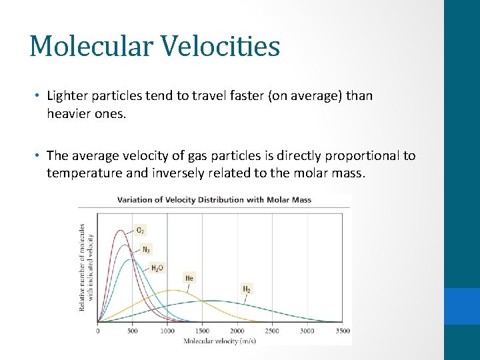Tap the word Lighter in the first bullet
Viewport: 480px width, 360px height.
point(69,95)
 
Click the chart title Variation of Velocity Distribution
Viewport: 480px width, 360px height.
point(214,199)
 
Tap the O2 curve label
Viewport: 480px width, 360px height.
point(140,230)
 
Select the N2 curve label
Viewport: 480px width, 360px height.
point(146,249)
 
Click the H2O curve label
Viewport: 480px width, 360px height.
point(157,268)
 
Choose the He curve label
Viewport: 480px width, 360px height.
point(189,278)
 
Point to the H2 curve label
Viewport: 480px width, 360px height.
point(246,289)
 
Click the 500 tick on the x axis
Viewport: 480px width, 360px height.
point(133,331)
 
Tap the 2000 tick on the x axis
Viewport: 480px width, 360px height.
point(237,331)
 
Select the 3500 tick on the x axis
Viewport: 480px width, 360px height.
point(341,331)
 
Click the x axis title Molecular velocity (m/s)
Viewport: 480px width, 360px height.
point(219,341)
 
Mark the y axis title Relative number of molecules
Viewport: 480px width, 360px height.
point(82,267)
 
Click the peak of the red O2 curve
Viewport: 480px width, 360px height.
point(121,231)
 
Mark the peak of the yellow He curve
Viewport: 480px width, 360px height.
point(173,290)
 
